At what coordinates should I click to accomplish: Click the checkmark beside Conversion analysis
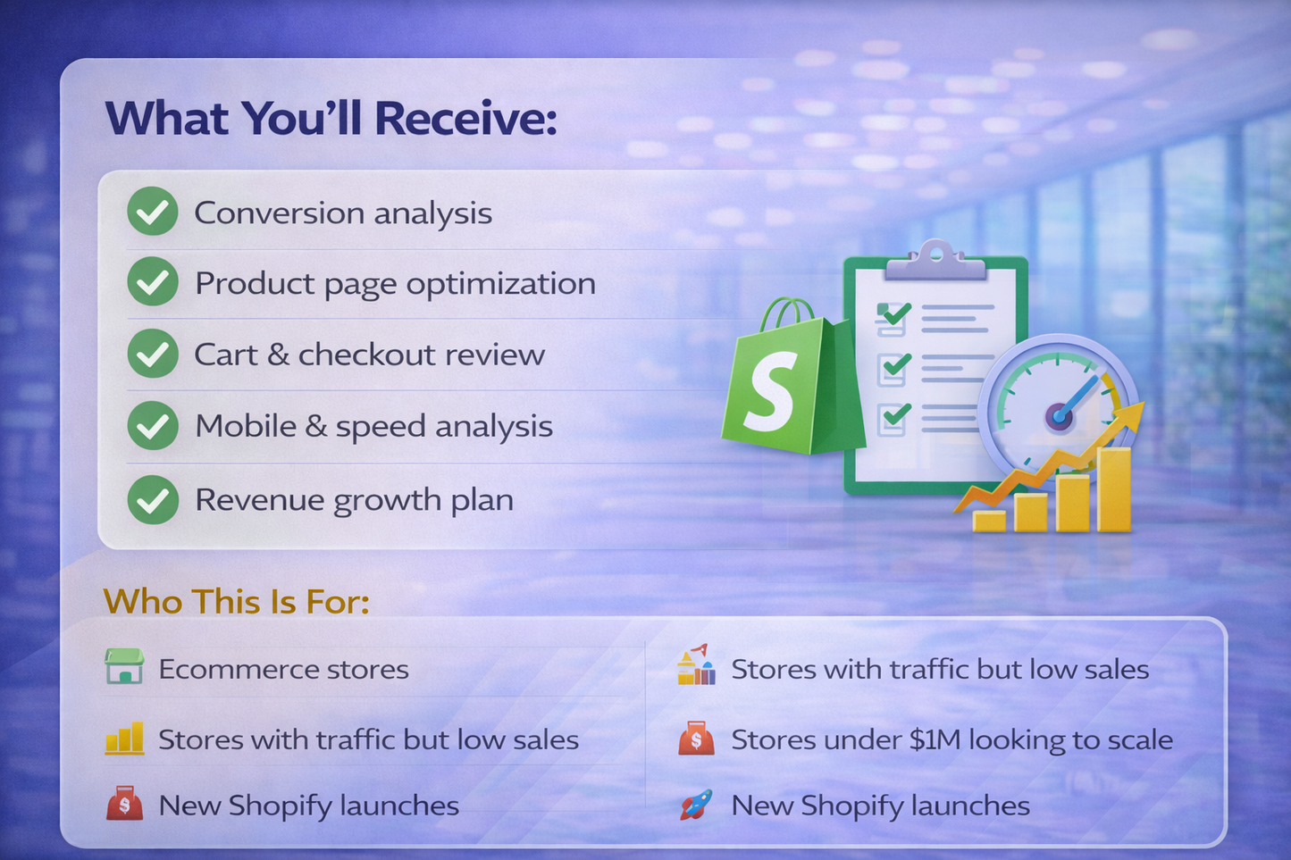point(153,212)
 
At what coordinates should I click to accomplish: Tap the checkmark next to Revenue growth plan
point(153,499)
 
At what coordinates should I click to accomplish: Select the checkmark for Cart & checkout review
point(153,354)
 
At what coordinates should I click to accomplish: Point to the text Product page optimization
point(395,283)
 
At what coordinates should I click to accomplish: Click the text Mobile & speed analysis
point(373,426)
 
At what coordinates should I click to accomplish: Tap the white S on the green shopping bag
point(769,390)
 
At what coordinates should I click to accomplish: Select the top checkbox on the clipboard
point(892,317)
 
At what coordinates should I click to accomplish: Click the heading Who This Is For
point(236,601)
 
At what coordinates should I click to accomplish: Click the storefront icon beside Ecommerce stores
point(124,666)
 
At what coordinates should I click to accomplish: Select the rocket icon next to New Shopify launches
point(696,805)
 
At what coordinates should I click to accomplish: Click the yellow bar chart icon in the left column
point(124,739)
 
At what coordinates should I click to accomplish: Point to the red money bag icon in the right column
point(696,739)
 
